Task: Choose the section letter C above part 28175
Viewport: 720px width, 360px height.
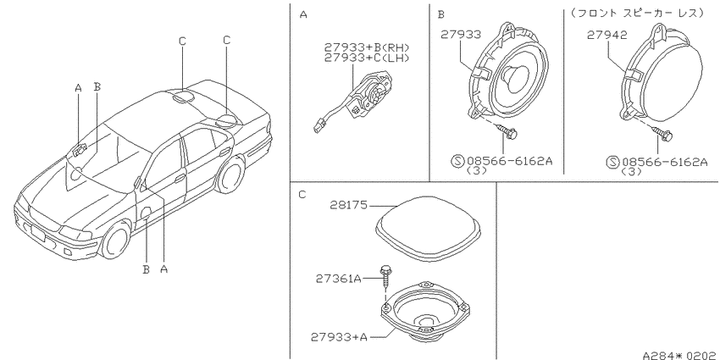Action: (302, 193)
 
